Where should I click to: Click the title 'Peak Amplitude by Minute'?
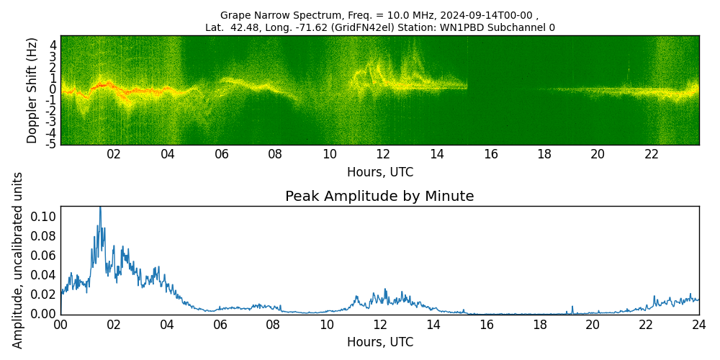(379, 197)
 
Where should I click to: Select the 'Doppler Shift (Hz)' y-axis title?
(32, 90)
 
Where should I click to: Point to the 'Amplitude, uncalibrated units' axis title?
(18, 260)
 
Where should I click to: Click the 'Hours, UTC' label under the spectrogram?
(379, 173)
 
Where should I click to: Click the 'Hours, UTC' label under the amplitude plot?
(379, 342)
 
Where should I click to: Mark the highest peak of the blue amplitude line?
(100, 207)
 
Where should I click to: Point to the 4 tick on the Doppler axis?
(53, 45)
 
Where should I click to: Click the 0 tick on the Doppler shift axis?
(53, 89)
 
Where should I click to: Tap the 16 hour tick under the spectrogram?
(491, 154)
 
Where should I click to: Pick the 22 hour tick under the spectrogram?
(652, 154)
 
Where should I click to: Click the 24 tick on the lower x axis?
(699, 325)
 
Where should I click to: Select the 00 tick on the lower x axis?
(60, 325)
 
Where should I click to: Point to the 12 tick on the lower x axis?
(379, 325)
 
